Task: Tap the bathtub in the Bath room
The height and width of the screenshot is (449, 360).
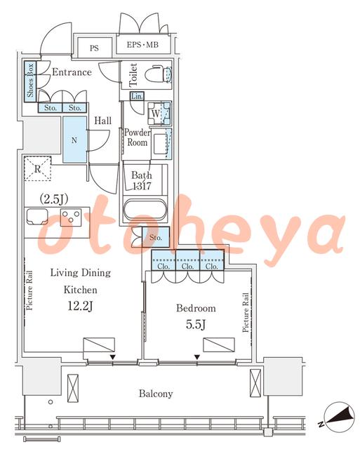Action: (x=145, y=210)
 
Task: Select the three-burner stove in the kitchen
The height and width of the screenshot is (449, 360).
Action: (x=71, y=217)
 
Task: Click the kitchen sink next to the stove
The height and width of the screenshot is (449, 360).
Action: (x=37, y=217)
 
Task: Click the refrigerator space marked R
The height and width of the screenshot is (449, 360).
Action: (x=37, y=168)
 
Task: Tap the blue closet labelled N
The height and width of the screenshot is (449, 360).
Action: (x=74, y=140)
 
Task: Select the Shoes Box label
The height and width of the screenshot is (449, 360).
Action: (x=30, y=80)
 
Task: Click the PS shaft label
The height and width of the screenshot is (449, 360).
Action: (x=94, y=48)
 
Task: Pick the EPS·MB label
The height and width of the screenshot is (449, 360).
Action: (x=142, y=45)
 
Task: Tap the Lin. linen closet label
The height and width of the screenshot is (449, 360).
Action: (x=137, y=96)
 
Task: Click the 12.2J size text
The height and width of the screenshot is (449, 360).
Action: (x=80, y=306)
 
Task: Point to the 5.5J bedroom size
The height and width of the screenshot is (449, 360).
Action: (x=196, y=324)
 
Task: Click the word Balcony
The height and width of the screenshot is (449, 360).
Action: (x=156, y=394)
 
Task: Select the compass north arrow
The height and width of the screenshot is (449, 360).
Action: (x=338, y=415)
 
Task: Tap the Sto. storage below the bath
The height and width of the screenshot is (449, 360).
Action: (x=156, y=237)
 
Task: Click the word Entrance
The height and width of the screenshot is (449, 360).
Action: (x=72, y=72)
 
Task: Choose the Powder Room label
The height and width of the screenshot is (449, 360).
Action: (x=137, y=138)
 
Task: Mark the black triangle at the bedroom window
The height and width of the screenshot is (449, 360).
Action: (x=197, y=357)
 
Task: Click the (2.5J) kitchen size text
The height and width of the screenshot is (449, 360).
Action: (x=54, y=199)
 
